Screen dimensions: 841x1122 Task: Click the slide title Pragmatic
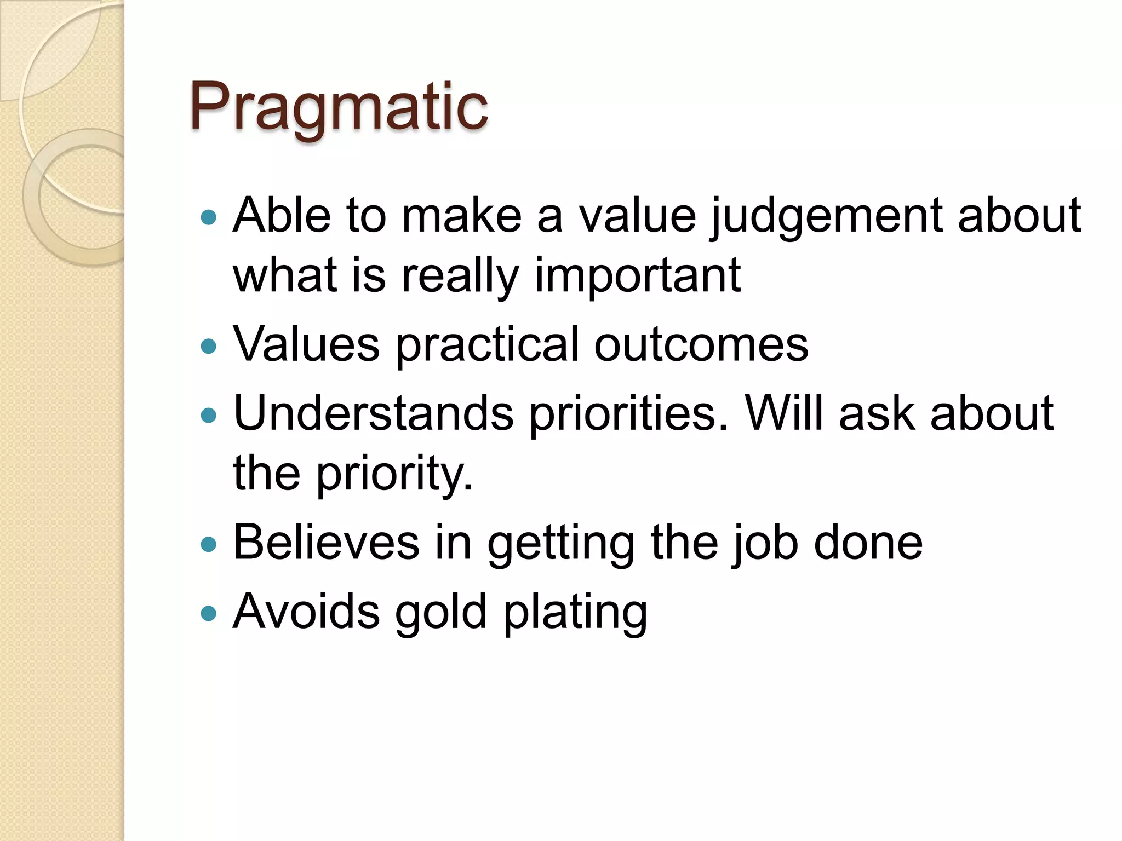pyautogui.click(x=338, y=107)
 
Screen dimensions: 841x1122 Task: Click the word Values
pyautogui.click(x=306, y=344)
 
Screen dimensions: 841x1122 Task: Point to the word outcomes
pyautogui.click(x=701, y=344)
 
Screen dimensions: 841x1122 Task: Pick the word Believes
pyautogui.click(x=326, y=543)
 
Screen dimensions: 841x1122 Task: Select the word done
pyautogui.click(x=868, y=543)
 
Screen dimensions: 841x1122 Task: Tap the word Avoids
pyautogui.click(x=306, y=612)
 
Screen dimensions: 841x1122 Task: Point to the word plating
pyautogui.click(x=575, y=612)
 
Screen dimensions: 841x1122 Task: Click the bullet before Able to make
pyautogui.click(x=209, y=218)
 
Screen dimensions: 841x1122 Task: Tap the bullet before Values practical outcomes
pyautogui.click(x=209, y=346)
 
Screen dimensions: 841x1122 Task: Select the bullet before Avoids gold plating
pyautogui.click(x=209, y=613)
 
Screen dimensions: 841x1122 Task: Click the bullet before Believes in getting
pyautogui.click(x=209, y=544)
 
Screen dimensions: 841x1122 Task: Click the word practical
pyautogui.click(x=487, y=344)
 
